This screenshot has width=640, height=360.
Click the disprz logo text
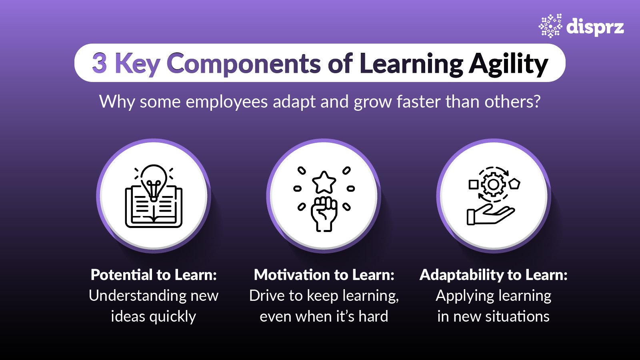pos(595,27)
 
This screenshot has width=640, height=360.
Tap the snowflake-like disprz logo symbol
pos(550,26)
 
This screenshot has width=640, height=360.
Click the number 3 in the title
pos(100,63)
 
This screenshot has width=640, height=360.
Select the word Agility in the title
pos(508,64)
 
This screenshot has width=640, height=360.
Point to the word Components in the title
pos(243,64)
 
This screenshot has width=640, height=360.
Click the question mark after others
pos(536,102)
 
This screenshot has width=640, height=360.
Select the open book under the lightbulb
pos(154,210)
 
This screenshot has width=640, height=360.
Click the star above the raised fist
pos(324,182)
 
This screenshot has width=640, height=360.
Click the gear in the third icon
pos(493,184)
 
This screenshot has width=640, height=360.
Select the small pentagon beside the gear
pos(514,184)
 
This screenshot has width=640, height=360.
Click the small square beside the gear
pos(474,184)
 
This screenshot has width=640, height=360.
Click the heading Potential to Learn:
pos(154,275)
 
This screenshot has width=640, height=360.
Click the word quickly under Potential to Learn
pos(172,317)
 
